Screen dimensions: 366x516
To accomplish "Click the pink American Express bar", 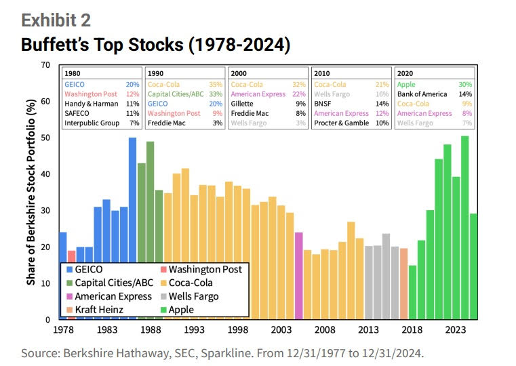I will click(299, 275).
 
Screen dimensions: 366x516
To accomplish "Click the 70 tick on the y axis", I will click(45, 65).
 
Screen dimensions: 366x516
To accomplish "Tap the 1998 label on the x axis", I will click(238, 330).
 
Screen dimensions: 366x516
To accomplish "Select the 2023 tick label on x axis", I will click(455, 330).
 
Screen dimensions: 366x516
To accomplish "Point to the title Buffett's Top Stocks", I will click(155, 45).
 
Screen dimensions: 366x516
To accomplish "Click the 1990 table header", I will click(155, 73).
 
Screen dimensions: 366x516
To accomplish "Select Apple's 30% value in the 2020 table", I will click(467, 84).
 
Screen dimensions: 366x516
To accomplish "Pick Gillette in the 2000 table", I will click(243, 104).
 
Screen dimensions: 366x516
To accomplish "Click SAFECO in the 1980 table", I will click(79, 113).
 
